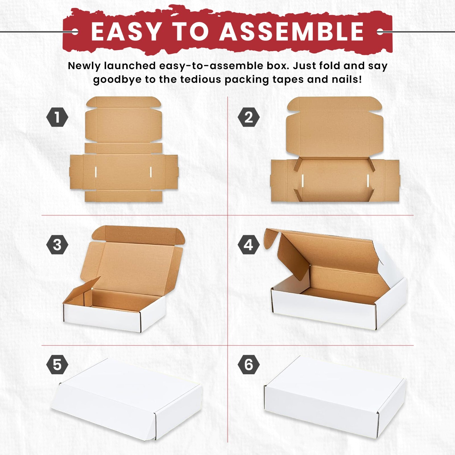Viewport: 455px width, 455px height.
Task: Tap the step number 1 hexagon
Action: (x=57, y=117)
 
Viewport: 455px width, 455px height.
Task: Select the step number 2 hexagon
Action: (x=249, y=117)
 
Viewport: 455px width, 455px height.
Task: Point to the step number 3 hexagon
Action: (x=57, y=245)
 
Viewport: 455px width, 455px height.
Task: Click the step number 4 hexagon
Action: (x=249, y=245)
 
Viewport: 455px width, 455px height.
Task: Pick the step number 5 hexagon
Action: (x=57, y=364)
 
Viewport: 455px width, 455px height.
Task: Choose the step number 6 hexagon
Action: (x=249, y=364)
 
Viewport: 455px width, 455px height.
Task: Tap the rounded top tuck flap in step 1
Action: (x=124, y=102)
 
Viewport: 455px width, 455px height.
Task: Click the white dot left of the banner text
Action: (x=75, y=32)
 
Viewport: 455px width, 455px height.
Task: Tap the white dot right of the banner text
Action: (x=380, y=32)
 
